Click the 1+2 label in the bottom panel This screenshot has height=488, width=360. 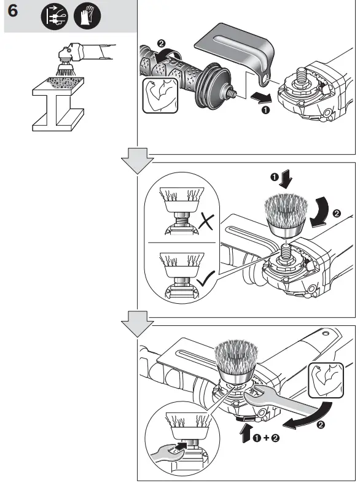click(x=267, y=438)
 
